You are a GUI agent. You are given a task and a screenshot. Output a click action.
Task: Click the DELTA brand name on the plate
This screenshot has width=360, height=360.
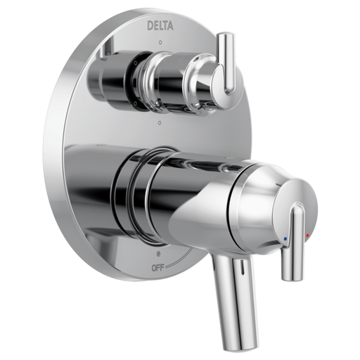pyautogui.click(x=160, y=26)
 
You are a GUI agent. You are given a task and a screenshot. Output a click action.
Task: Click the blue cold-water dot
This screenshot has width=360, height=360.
pyautogui.click(x=285, y=239)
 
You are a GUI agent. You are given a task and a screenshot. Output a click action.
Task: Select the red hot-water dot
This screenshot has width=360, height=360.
pyautogui.click(x=307, y=235)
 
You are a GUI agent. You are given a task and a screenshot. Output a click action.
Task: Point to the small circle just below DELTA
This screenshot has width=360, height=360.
pyautogui.click(x=160, y=43)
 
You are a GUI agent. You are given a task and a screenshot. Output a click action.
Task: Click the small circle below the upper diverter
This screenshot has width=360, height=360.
pyautogui.click(x=160, y=122)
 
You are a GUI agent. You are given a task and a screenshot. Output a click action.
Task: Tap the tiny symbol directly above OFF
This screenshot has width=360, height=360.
pyautogui.click(x=158, y=254)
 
